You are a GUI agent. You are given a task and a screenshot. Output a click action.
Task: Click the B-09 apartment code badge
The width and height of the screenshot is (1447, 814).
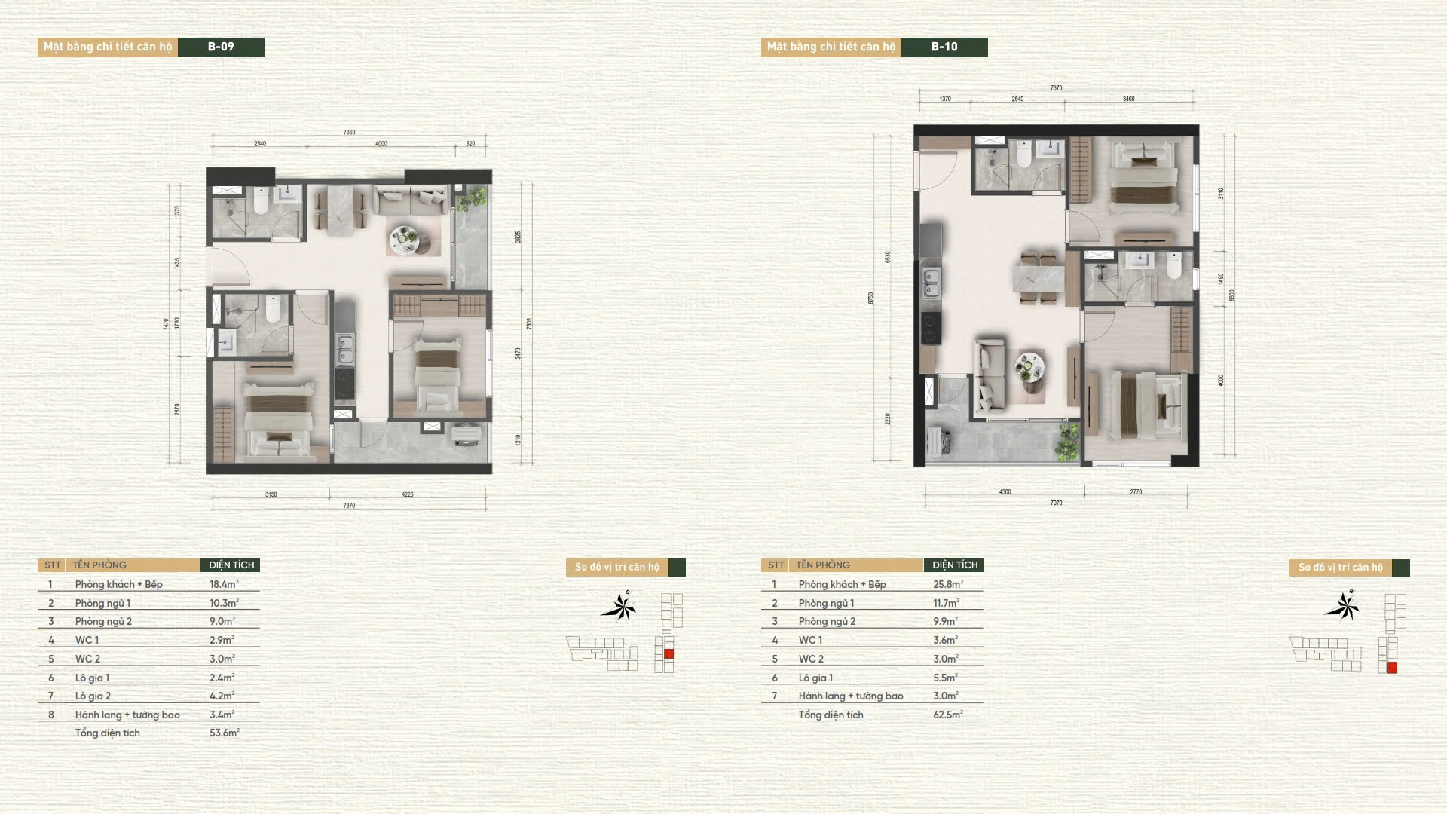click(x=221, y=47)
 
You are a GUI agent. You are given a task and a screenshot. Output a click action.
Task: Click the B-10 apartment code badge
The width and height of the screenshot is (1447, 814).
click(x=944, y=47)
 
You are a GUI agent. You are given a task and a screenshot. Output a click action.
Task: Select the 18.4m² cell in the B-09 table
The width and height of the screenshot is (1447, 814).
click(x=224, y=584)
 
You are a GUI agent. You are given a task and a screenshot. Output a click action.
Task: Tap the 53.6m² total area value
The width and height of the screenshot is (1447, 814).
click(x=224, y=733)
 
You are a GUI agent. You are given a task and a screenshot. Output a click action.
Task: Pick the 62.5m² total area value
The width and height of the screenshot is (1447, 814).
click(x=947, y=715)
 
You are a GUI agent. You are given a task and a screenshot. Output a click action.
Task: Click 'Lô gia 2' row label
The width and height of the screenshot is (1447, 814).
click(x=93, y=696)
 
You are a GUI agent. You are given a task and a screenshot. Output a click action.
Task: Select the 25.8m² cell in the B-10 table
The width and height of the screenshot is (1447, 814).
click(x=947, y=584)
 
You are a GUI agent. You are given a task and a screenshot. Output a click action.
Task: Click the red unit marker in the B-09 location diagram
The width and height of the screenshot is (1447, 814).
click(x=668, y=654)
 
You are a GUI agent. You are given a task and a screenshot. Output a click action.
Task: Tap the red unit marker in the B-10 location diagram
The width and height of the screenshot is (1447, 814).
click(x=1392, y=668)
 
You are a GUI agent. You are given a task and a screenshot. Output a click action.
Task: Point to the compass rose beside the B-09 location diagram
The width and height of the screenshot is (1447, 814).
click(x=619, y=607)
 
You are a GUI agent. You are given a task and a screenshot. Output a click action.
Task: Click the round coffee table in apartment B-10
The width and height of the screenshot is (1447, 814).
click(x=1029, y=367)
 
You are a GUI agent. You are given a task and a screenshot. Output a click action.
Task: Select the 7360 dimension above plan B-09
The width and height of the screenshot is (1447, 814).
click(x=349, y=133)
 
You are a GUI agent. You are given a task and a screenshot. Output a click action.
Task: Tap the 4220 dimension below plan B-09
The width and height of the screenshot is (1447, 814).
click(x=407, y=495)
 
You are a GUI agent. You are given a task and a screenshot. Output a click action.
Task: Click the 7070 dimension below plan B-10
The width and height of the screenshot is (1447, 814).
click(x=1056, y=503)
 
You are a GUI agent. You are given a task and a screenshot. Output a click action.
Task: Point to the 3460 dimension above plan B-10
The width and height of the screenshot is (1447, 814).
click(x=1128, y=99)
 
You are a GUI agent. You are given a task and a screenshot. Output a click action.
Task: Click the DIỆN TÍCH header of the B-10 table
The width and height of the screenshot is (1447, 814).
click(x=954, y=565)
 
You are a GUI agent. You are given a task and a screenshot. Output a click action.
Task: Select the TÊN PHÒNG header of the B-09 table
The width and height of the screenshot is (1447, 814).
click(x=99, y=565)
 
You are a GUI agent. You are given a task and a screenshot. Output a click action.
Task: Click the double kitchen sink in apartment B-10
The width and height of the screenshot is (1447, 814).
click(x=931, y=282)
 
